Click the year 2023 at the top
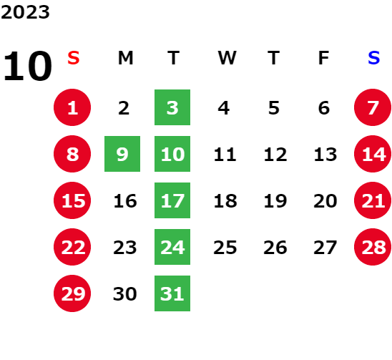(x=25, y=12)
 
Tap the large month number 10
(x=27, y=66)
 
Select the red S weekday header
(x=74, y=58)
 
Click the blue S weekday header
(x=373, y=58)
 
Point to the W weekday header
(x=227, y=58)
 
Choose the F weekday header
(x=324, y=58)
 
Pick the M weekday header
(x=125, y=58)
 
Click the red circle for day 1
(x=72, y=107)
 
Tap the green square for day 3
(x=172, y=107)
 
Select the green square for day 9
(x=122, y=154)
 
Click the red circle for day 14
(x=373, y=154)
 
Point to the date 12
(x=275, y=155)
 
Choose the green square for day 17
(x=172, y=200)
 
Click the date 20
(x=325, y=201)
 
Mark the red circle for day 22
(x=72, y=247)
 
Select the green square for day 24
(x=172, y=247)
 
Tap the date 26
(x=275, y=248)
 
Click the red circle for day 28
(x=373, y=247)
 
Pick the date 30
(x=124, y=293)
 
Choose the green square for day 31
(x=172, y=293)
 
